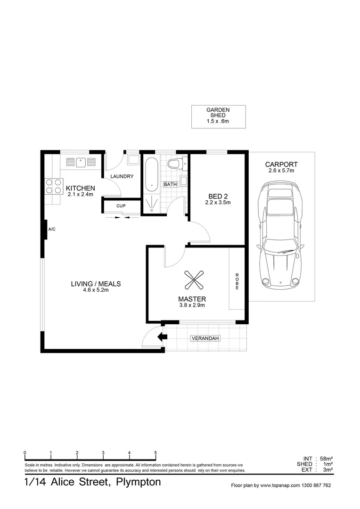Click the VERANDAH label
coord(205,338)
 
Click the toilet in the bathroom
coord(176,164)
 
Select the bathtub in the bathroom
coord(152,174)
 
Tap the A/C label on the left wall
coord(52,229)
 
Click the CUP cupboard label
coord(121,206)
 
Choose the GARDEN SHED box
coord(218,116)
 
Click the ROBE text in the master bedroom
coord(237,281)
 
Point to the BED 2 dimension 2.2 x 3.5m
coord(217,203)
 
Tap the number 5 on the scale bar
coord(155,453)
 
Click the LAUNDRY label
coord(122,177)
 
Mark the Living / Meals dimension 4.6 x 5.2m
coord(96,290)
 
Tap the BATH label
coord(170,184)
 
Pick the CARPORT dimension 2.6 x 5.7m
coord(281,171)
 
